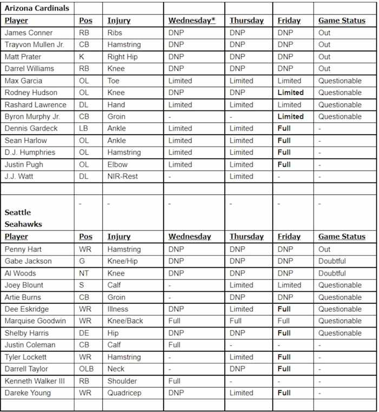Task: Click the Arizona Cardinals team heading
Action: click(36, 9)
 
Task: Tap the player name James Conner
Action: click(29, 32)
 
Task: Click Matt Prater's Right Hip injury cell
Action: click(123, 57)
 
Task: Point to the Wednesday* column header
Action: click(192, 21)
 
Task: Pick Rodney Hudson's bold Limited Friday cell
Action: click(290, 93)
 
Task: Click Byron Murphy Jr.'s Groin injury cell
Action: click(116, 116)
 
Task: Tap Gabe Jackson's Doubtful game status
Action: click(332, 261)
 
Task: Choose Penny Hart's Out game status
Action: click(324, 249)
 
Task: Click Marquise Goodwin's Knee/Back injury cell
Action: click(125, 321)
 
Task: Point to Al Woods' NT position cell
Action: click(84, 273)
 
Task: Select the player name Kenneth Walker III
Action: click(35, 381)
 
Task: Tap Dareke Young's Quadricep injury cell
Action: click(125, 393)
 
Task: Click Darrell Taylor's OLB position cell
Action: click(86, 369)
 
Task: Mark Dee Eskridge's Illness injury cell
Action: click(118, 309)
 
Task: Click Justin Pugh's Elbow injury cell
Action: click(117, 164)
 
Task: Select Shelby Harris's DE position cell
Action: click(84, 333)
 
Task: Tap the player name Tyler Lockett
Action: click(25, 357)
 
